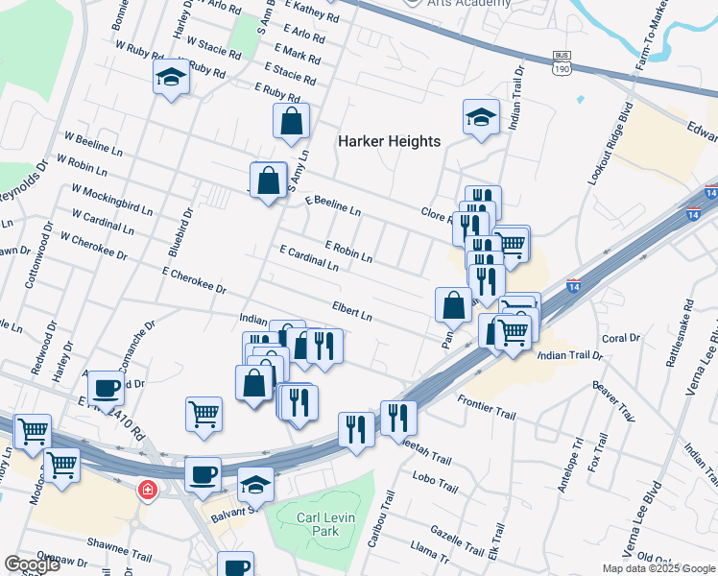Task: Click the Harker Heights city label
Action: tap(389, 141)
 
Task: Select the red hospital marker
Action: tap(147, 490)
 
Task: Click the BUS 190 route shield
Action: tap(562, 63)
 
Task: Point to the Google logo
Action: tap(32, 564)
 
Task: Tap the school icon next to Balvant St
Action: tap(255, 484)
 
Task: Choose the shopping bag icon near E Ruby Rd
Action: tap(291, 121)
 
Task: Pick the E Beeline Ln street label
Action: tap(333, 204)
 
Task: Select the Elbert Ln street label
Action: tap(351, 311)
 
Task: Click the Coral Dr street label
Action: tap(620, 338)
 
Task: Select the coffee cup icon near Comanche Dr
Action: tap(106, 388)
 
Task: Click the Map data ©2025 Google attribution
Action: tap(658, 568)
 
